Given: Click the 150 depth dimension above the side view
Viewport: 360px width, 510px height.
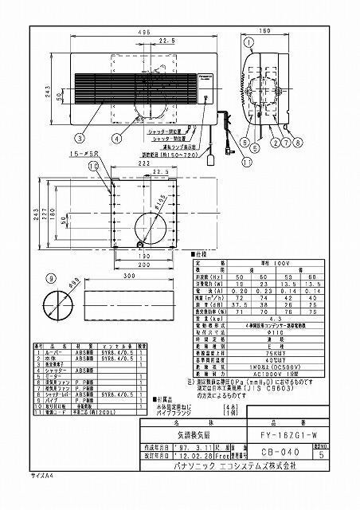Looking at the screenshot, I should pyautogui.click(x=264, y=31).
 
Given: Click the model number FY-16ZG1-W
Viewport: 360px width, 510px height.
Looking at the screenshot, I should pyautogui.click(x=285, y=435).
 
